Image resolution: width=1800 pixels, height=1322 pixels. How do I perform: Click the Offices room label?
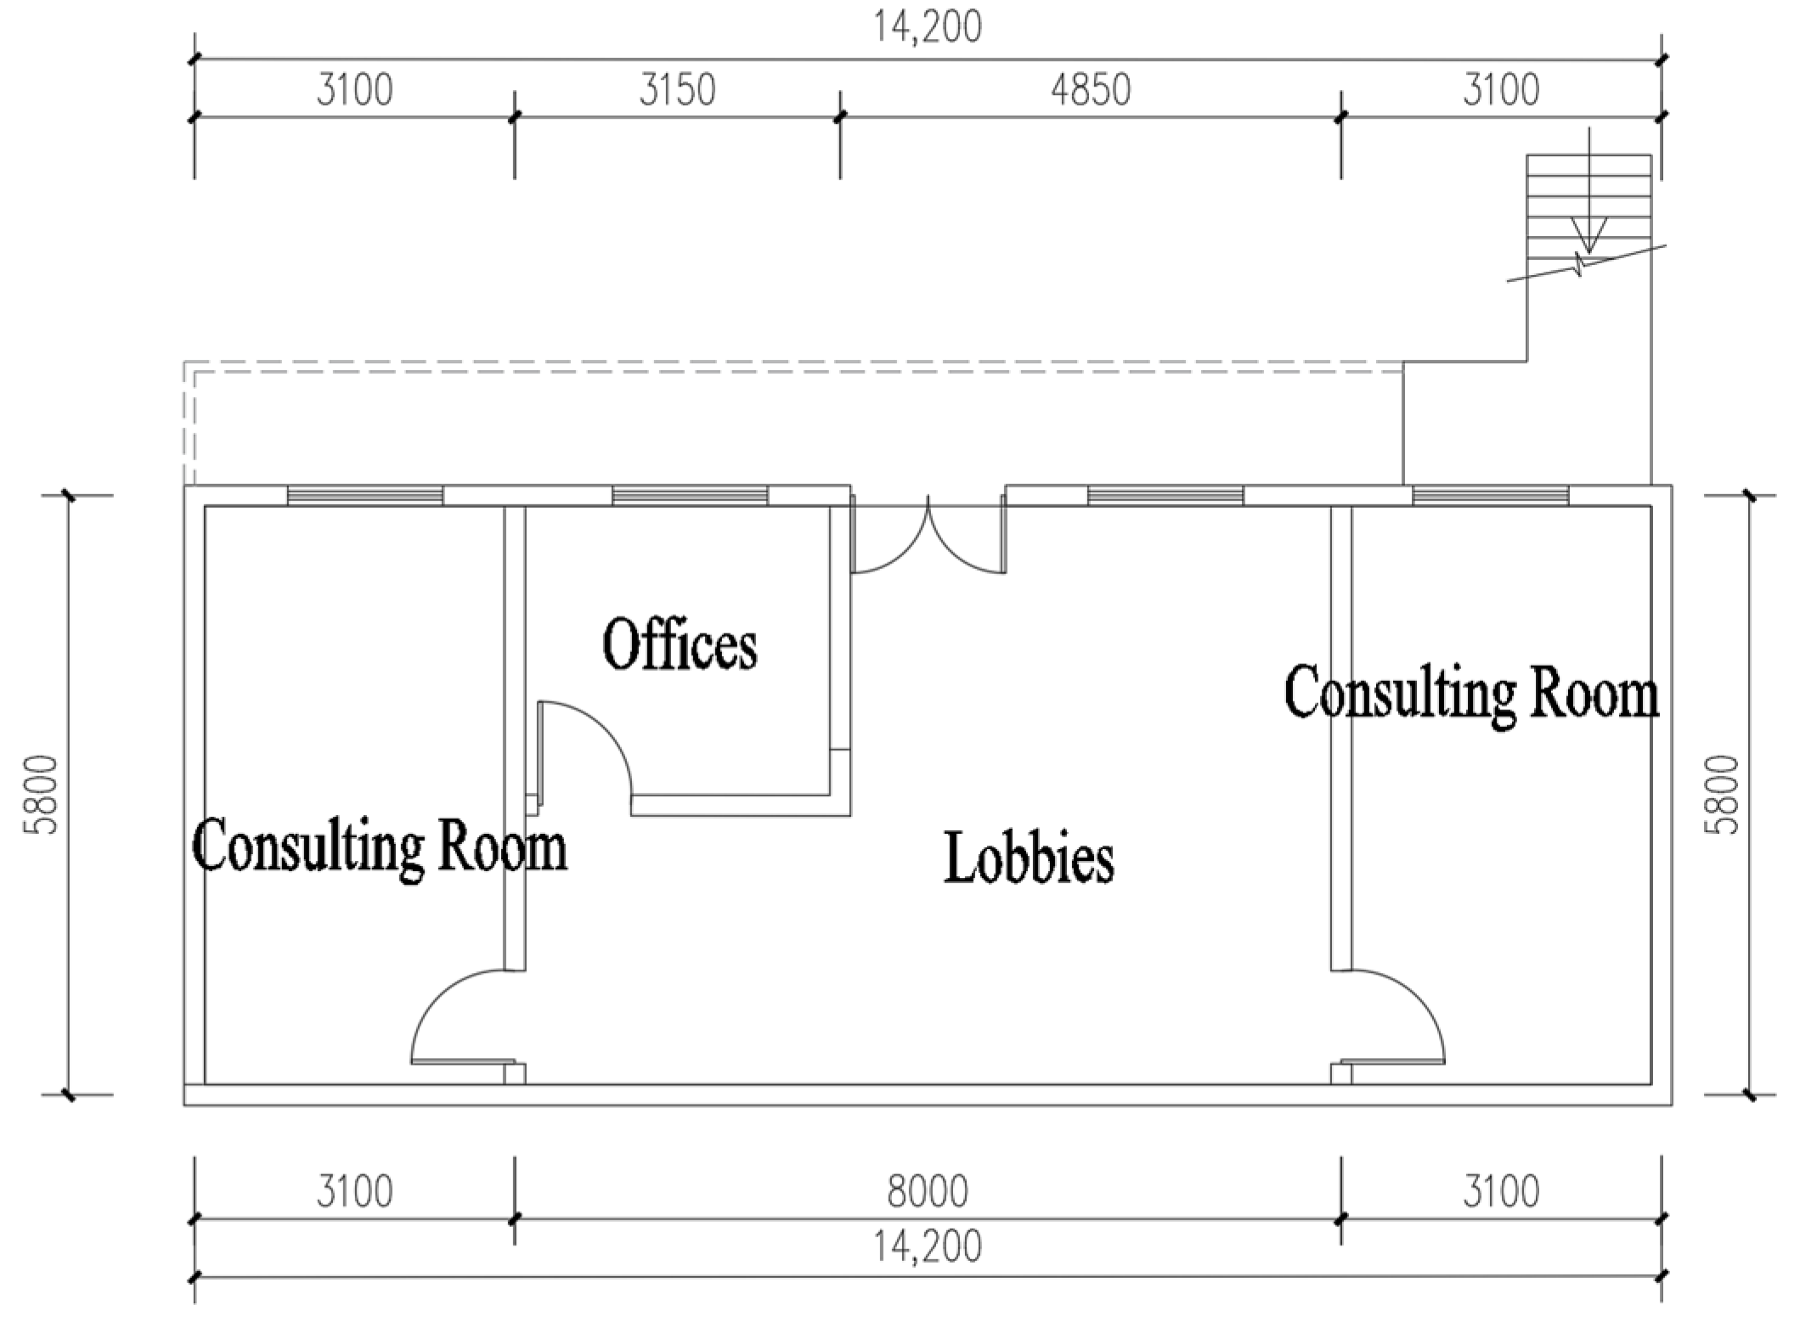pyautogui.click(x=680, y=644)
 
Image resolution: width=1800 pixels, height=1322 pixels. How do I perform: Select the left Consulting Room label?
pyautogui.click(x=380, y=847)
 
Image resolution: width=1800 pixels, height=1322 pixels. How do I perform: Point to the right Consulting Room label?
pyautogui.click(x=1471, y=694)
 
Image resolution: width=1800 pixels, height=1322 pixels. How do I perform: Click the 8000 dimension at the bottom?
pyautogui.click(x=928, y=1192)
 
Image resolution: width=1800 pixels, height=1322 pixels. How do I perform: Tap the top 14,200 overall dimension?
pyautogui.click(x=928, y=26)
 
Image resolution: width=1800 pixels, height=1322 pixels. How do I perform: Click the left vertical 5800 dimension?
pyautogui.click(x=42, y=795)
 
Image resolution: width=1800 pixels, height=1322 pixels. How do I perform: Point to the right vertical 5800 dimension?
pyautogui.click(x=1726, y=795)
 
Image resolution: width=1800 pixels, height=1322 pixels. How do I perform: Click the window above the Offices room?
pyautogui.click(x=690, y=496)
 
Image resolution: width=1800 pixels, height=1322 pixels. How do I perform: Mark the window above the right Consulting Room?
pyautogui.click(x=1491, y=496)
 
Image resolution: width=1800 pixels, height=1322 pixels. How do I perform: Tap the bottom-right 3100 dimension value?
pyautogui.click(x=1501, y=1192)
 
